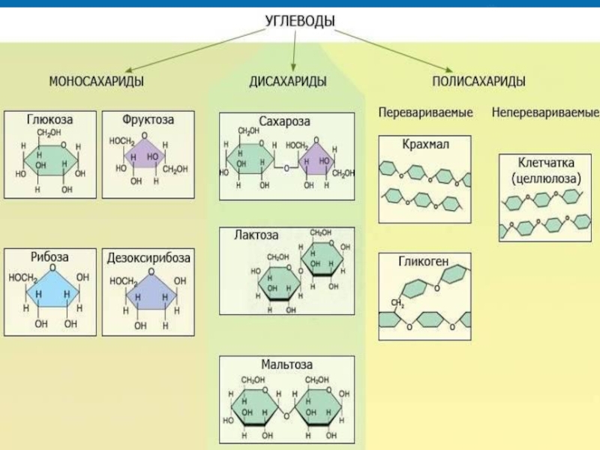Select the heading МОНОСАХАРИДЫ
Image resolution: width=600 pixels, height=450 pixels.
[x=97, y=81]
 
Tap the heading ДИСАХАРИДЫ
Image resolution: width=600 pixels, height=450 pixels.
[x=288, y=81]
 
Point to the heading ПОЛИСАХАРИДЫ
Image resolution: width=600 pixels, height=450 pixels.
[x=478, y=81]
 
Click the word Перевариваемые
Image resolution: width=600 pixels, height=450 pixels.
[x=425, y=113]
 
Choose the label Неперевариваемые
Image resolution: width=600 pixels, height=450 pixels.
[x=545, y=113]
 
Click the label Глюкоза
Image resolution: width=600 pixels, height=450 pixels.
[x=50, y=120]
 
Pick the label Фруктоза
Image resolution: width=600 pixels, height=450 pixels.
[x=147, y=120]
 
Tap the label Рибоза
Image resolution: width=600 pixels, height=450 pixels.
[x=50, y=257]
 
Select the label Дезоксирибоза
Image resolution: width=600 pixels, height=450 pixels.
[x=148, y=257]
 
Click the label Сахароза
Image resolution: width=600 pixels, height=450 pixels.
[x=284, y=121]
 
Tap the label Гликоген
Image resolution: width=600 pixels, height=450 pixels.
[x=424, y=261]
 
